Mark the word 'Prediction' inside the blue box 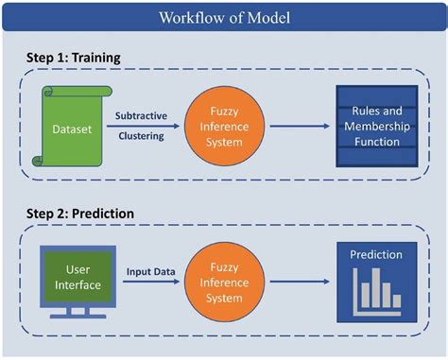pos(376,254)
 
